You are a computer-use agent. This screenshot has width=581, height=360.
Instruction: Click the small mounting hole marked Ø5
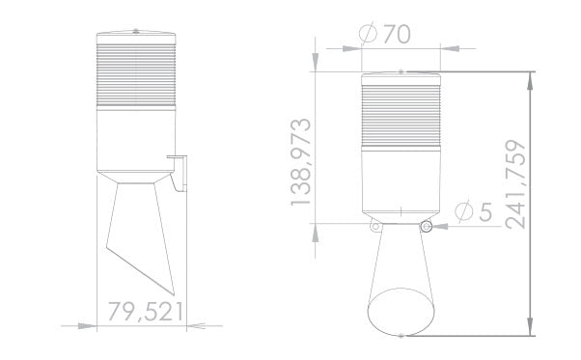pos(426,226)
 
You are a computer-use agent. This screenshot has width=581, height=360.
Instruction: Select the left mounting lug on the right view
pos(373,226)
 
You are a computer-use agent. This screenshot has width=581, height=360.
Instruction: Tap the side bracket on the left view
pos(178,169)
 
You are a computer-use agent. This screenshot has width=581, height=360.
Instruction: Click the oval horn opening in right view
pos(400,309)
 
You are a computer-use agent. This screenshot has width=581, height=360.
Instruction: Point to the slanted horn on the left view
pos(143,236)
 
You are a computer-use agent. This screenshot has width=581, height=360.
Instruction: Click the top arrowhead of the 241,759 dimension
pos(532,77)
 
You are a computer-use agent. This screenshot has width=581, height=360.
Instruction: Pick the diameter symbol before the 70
pos(368,34)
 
